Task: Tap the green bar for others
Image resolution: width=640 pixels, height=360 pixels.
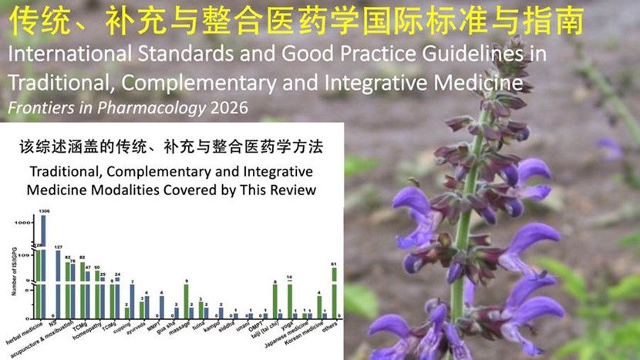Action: [x=334, y=293]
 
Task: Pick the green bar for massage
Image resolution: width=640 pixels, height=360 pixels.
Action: [x=186, y=301]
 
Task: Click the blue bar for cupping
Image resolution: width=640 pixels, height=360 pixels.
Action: [x=132, y=301]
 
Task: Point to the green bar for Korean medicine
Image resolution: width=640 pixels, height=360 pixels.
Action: [x=319, y=307]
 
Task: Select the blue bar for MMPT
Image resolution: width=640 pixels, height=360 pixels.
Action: [x=161, y=307]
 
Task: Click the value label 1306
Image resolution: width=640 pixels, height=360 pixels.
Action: [x=44, y=210]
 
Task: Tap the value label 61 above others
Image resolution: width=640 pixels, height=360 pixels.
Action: [x=334, y=264]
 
